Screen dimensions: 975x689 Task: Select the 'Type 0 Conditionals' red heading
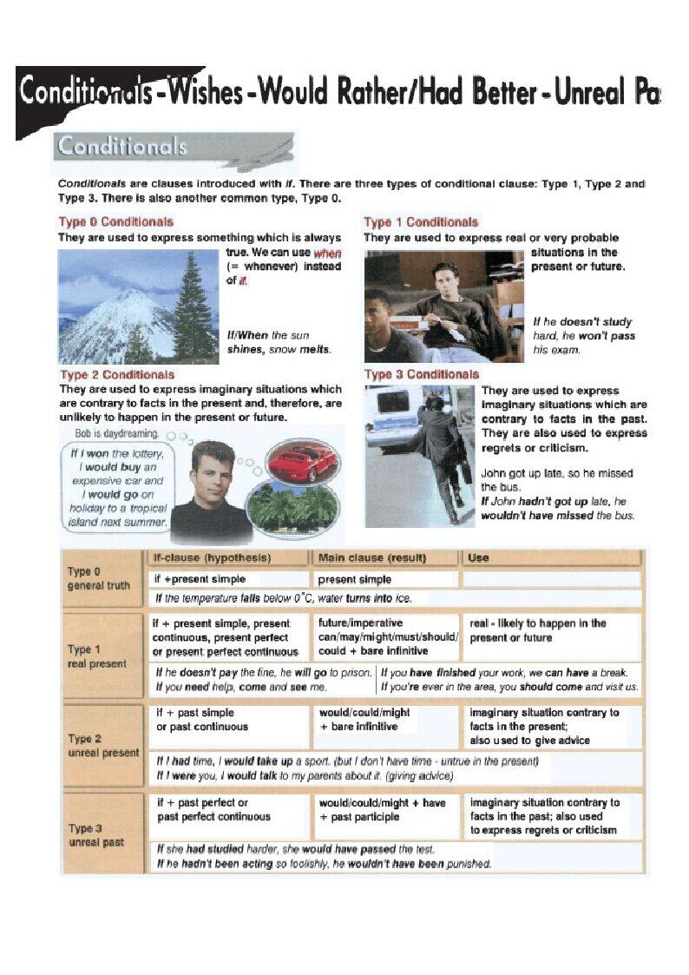pos(115,222)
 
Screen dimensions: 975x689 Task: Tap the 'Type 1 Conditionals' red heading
pos(421,222)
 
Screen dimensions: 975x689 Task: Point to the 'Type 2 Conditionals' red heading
pos(116,375)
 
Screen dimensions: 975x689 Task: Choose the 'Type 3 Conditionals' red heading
pos(422,374)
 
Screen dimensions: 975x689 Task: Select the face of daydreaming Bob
pos(213,472)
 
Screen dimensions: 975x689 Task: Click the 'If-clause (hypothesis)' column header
pos(212,557)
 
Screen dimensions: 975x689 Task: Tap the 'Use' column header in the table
pos(478,557)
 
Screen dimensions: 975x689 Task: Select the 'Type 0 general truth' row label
pos(98,578)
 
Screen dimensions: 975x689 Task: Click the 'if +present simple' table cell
pos(199,579)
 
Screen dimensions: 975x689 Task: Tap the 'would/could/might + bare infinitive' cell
pos(364,720)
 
